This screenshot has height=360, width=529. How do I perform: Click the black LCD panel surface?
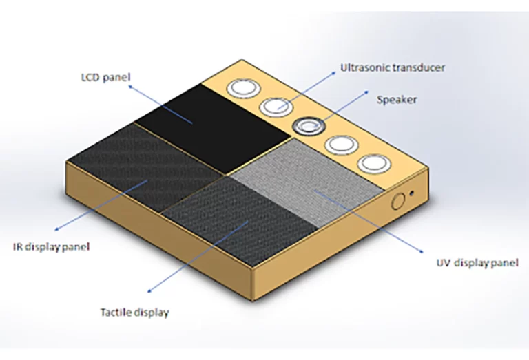(x=214, y=127)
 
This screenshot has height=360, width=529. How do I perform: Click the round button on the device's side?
(x=398, y=202)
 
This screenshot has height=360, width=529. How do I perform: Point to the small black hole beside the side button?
(x=412, y=193)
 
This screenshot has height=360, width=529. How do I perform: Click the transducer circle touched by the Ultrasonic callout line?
(x=276, y=107)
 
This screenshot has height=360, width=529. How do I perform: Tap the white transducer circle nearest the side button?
(x=374, y=164)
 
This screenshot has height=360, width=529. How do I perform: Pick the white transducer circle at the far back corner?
(x=243, y=87)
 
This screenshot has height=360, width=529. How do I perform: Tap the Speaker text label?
(x=397, y=100)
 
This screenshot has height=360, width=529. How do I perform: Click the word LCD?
(x=90, y=77)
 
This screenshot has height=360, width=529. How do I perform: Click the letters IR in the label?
(x=17, y=246)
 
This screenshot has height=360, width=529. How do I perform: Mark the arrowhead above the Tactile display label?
(x=149, y=290)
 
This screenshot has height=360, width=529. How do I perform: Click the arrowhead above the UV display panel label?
(x=421, y=251)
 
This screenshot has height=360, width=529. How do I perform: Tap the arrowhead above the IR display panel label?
(x=56, y=229)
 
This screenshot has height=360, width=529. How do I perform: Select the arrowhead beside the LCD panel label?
(x=131, y=87)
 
